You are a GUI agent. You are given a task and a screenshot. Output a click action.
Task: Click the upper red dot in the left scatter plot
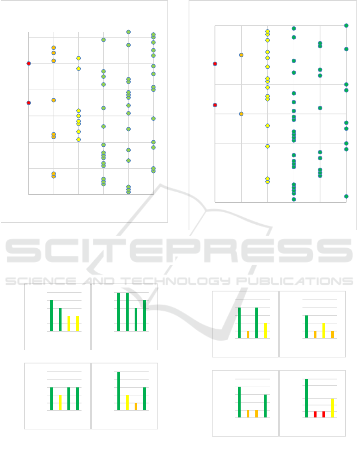29,63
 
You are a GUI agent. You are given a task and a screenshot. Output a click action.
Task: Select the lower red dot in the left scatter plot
29,103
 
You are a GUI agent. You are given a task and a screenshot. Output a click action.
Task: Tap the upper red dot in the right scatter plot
215,64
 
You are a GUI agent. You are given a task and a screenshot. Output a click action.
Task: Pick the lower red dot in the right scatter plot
215,105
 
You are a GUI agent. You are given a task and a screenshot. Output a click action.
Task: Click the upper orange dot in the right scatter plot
241,55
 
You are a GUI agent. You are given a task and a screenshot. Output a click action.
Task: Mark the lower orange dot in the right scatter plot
241,114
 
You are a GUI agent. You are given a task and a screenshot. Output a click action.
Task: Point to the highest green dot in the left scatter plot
128,32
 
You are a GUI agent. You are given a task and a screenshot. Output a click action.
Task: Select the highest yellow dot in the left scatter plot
79,58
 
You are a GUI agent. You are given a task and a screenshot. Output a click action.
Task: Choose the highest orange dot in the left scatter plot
54,48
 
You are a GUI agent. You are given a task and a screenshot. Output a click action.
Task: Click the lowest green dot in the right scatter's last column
346,196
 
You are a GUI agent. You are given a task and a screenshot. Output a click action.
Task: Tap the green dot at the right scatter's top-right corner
346,26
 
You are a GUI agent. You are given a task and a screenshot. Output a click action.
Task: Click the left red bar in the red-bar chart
315,414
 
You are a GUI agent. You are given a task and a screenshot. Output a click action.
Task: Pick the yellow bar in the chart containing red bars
332,408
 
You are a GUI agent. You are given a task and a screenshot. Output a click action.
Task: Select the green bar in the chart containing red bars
306,398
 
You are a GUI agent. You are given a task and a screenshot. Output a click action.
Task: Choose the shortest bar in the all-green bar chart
136,319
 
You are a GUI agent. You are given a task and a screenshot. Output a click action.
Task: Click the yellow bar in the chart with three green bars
60,403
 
